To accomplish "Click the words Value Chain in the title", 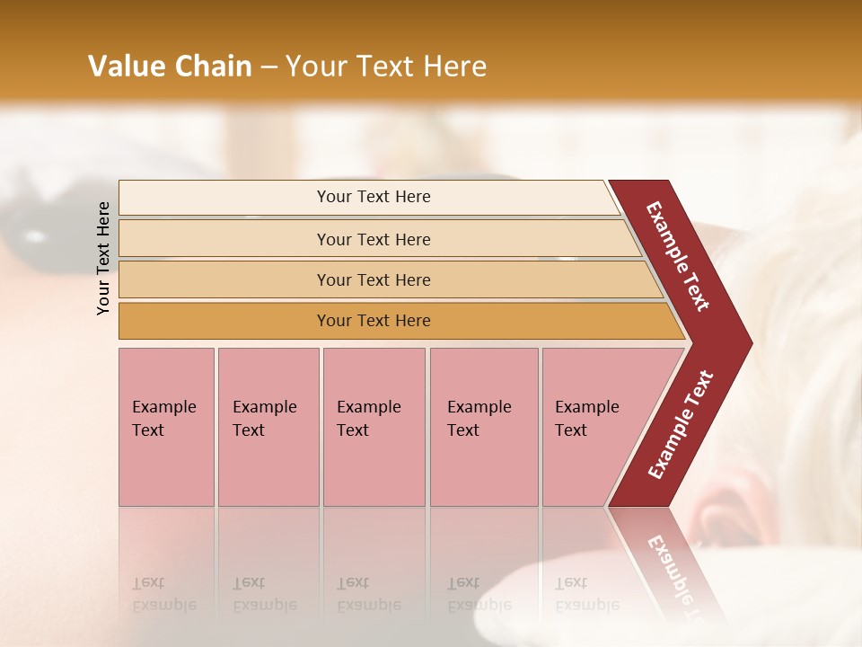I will [170, 66].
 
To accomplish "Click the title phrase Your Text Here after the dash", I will [386, 66].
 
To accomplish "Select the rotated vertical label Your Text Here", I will [103, 258].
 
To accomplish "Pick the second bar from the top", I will [373, 239].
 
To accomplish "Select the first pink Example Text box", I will [166, 427].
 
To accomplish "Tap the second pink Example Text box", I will [268, 427].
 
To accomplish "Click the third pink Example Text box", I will [373, 427].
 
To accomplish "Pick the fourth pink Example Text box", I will [483, 427].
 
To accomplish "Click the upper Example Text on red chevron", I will [679, 256].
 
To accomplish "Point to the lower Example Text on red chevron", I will [681, 424].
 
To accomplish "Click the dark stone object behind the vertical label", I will [36, 225].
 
